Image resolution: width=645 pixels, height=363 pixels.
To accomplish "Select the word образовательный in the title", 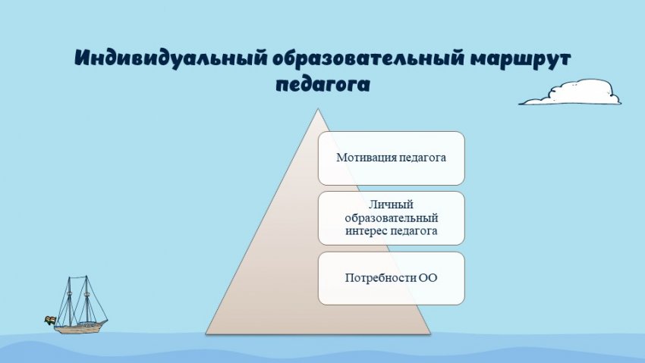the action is [x=368, y=58].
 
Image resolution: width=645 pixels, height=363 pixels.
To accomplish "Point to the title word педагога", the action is [x=323, y=85].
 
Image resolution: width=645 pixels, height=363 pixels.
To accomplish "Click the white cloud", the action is [x=571, y=92].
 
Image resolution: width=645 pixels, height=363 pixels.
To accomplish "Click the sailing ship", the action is [x=77, y=305].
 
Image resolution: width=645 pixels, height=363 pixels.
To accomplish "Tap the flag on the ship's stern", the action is [x=50, y=320].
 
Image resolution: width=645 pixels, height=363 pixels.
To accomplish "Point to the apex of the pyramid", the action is [x=317, y=109].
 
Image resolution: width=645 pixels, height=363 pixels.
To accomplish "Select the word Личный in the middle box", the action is [x=391, y=205].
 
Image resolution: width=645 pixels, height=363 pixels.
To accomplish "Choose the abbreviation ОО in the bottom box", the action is [x=428, y=278].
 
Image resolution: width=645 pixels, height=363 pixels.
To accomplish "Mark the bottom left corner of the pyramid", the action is [x=206, y=334].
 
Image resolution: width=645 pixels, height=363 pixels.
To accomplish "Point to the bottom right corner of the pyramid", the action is [x=430, y=334].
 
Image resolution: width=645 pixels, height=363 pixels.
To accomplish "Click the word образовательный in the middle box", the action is [x=392, y=218].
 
